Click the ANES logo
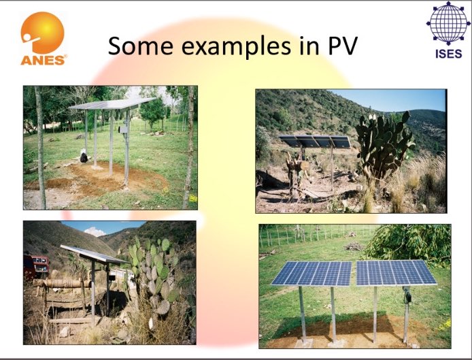pyautogui.click(x=43, y=38)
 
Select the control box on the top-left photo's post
pyautogui.click(x=123, y=129)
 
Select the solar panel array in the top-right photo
pyautogui.click(x=314, y=142)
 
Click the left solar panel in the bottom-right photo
pyautogui.click(x=312, y=273)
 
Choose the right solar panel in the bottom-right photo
pyautogui.click(x=396, y=272)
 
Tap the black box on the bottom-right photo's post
pyautogui.click(x=407, y=297)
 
